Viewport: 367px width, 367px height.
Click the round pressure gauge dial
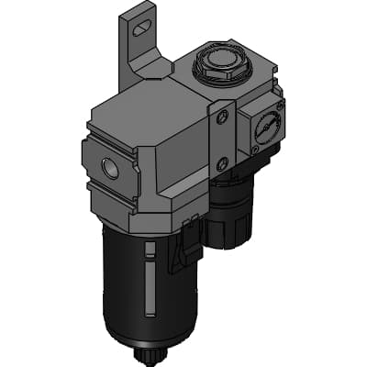coord(266,128)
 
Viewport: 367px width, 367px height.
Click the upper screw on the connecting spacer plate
coord(221,117)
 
